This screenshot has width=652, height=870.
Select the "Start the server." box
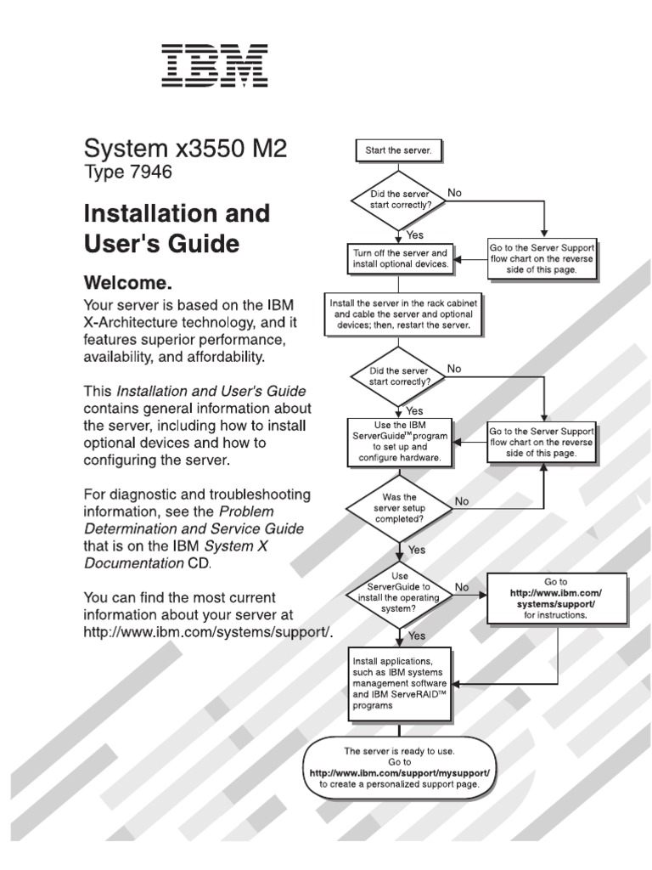tap(398, 150)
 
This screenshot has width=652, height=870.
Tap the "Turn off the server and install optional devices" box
tap(398, 258)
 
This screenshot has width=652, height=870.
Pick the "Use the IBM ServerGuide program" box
tap(398, 442)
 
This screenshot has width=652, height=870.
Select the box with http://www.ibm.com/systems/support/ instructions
tap(556, 597)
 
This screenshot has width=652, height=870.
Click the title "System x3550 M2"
tap(185, 149)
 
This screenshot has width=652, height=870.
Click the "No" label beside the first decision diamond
tap(454, 193)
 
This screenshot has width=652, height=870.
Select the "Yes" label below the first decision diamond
tap(415, 234)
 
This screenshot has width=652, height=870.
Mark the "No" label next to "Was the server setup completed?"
tap(462, 501)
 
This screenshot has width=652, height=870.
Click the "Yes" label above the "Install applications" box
tap(417, 635)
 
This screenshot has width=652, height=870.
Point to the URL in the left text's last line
tap(207, 632)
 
